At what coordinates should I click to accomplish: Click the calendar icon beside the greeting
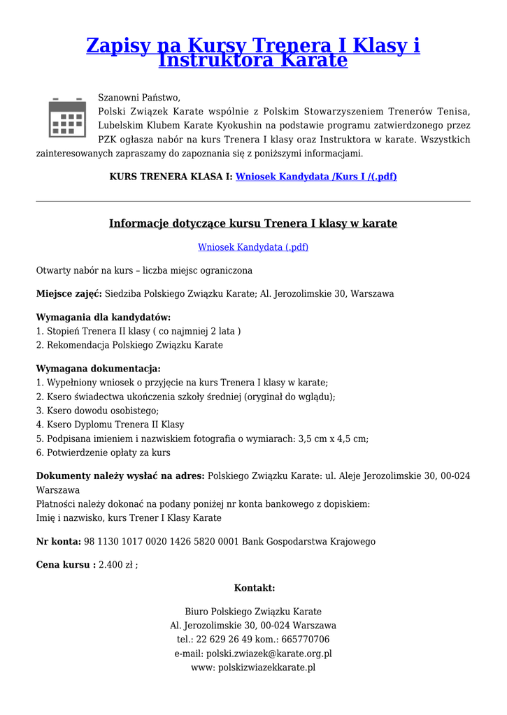click(x=67, y=117)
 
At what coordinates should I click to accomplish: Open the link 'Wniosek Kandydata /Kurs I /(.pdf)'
click(x=316, y=177)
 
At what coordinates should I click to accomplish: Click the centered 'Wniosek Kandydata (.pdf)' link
click(x=253, y=247)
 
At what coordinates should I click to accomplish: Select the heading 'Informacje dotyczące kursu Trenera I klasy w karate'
click(x=253, y=223)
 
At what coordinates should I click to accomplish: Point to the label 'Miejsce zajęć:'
click(x=69, y=294)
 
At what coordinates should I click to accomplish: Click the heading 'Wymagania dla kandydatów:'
click(x=93, y=317)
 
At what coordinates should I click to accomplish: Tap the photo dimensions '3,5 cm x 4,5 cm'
click(x=332, y=438)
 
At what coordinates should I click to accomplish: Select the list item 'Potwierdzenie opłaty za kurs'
click(x=108, y=452)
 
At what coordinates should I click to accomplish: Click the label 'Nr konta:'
click(x=59, y=541)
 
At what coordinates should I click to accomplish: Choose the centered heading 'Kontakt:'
click(x=254, y=588)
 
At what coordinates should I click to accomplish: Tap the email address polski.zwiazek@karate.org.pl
click(x=269, y=654)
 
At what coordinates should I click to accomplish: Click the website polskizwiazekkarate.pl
click(x=266, y=668)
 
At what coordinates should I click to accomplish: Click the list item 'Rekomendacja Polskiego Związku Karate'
click(x=134, y=345)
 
